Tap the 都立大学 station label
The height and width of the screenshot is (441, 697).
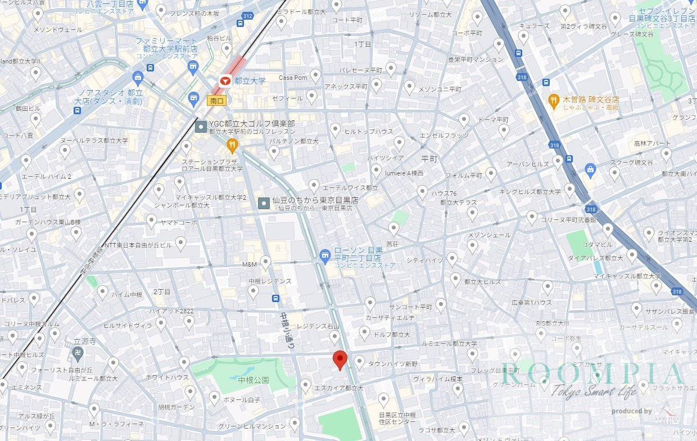(250, 81)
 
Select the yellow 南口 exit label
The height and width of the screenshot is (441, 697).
(216, 101)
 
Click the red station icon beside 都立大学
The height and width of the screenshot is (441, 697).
(225, 81)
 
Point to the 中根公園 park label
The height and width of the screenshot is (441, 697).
(254, 381)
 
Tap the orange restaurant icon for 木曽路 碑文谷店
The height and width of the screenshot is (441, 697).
(554, 101)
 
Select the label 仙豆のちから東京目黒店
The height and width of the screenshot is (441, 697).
(315, 200)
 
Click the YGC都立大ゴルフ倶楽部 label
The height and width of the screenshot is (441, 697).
(251, 124)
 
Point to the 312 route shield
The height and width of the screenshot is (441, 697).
(247, 16)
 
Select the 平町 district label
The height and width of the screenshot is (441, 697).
(429, 159)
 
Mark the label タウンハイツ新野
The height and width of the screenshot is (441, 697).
(393, 364)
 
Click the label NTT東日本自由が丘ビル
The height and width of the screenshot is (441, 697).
(137, 246)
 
